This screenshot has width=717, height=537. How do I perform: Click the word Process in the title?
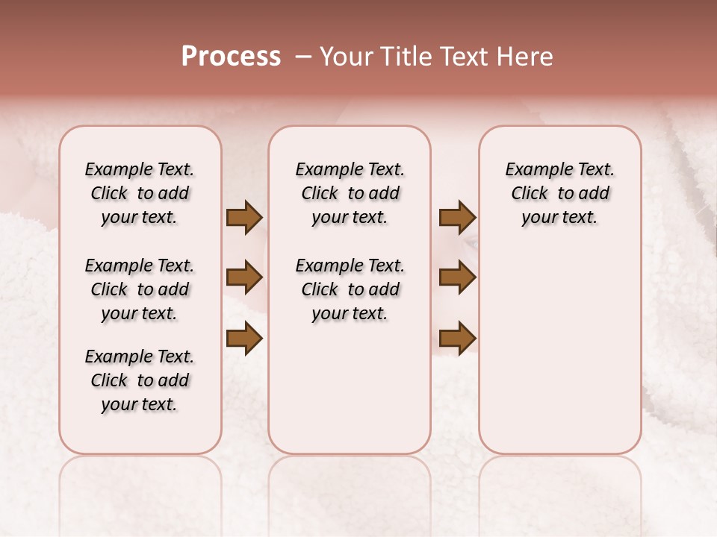[x=231, y=56]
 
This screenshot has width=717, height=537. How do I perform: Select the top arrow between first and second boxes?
[x=244, y=217]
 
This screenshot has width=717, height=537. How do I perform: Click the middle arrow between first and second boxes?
[x=244, y=278]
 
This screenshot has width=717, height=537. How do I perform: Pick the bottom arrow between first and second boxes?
[x=244, y=338]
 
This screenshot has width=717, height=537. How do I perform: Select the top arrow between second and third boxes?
[x=457, y=217]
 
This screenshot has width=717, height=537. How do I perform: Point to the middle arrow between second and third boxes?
[x=457, y=278]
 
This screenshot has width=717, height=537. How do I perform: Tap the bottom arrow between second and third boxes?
[x=457, y=338]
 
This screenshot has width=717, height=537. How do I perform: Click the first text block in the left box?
[x=140, y=193]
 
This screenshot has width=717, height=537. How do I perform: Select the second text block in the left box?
[x=140, y=289]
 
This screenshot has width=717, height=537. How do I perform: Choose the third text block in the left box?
[x=140, y=380]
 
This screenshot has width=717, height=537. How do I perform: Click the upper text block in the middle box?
[x=350, y=193]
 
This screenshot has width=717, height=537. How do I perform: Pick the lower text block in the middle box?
[x=350, y=289]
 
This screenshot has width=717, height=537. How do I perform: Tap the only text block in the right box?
[x=559, y=193]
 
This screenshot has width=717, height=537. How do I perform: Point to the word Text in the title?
[x=463, y=56]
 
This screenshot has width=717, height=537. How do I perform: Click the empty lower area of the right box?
[x=559, y=351]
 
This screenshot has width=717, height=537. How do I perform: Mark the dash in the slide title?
[x=302, y=56]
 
